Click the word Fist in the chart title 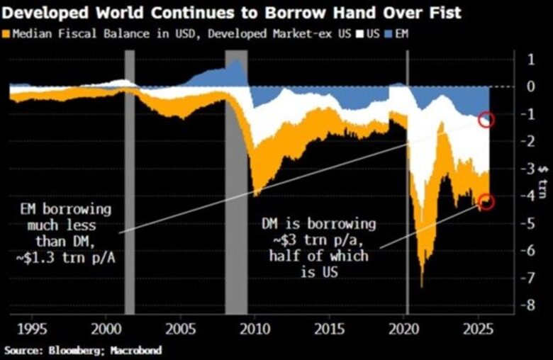440,12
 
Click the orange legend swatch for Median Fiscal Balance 7,33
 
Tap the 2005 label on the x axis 181,330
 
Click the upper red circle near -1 486,119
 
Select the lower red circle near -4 486,203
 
